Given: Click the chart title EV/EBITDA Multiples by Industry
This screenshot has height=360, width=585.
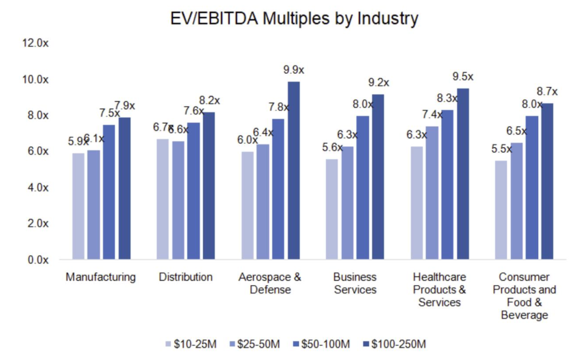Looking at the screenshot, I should point(294,18).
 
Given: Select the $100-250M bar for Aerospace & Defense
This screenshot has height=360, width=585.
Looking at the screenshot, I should point(294,171).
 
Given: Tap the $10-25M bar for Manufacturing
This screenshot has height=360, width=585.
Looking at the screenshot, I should point(78,206).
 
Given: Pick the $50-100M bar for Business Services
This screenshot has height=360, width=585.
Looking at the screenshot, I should point(363,188).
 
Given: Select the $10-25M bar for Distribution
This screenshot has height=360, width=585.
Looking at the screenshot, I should point(163,199).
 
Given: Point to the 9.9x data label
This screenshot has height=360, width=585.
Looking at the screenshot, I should point(294,70).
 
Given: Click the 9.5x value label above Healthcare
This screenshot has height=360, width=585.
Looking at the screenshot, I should point(463,77).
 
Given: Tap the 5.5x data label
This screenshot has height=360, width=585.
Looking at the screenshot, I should point(500,150).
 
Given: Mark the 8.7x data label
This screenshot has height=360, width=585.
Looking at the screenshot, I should point(547,92).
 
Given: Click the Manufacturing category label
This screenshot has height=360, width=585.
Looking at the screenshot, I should point(101,278).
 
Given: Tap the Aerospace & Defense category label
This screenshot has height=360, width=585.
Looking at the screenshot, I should point(270,283).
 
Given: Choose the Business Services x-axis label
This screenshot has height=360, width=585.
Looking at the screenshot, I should point(355,283).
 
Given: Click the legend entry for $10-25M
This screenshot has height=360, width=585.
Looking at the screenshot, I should point(189,344).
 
